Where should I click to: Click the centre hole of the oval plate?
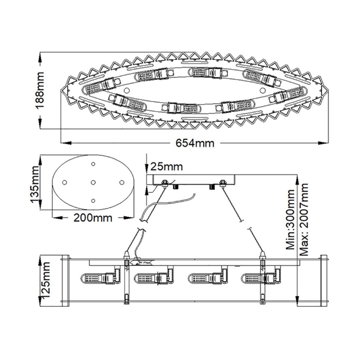(x=93, y=182)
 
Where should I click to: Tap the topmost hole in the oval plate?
(x=93, y=164)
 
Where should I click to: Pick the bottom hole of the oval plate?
(x=93, y=201)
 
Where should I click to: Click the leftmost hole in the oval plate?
(x=64, y=182)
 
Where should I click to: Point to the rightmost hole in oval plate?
(x=122, y=182)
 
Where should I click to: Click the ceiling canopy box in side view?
(x=192, y=179)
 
